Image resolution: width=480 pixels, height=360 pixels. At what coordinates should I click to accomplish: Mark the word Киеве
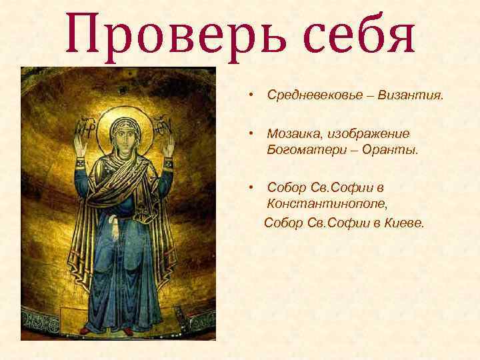click(x=405, y=221)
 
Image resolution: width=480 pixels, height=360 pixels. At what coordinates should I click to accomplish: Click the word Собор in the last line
click(x=284, y=221)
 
